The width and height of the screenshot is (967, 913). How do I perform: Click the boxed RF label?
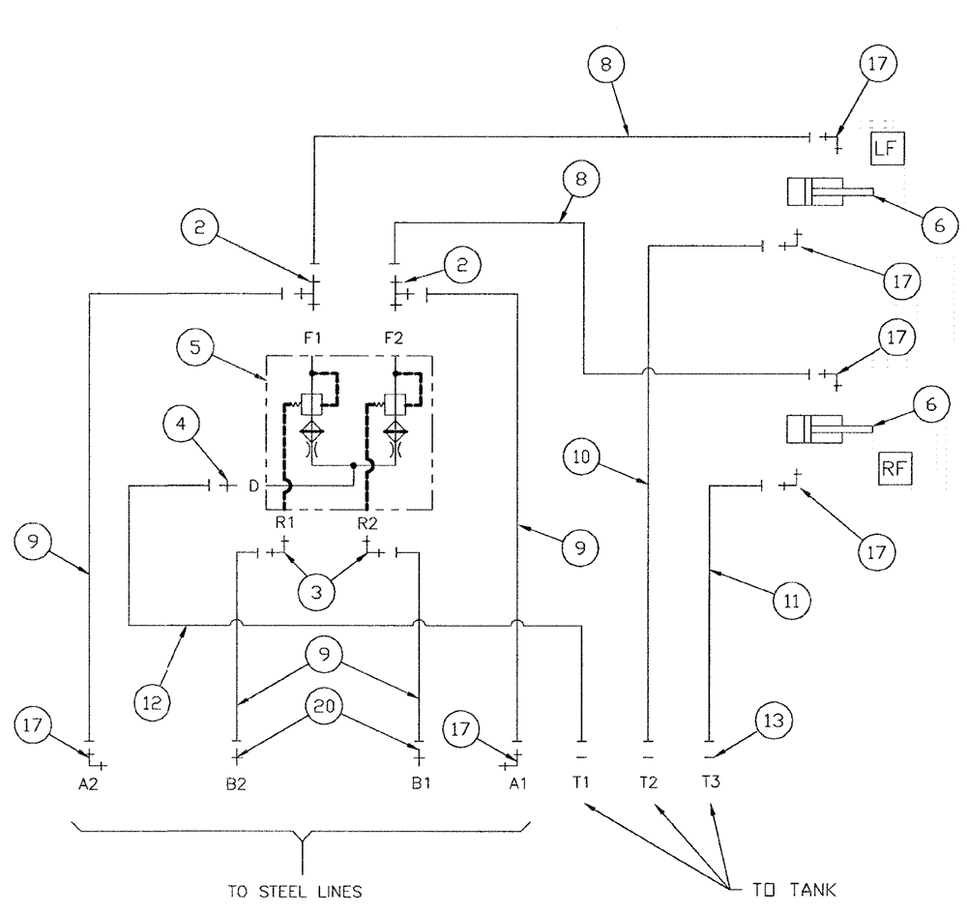[x=895, y=470]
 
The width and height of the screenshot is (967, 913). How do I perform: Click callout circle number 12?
[x=155, y=700]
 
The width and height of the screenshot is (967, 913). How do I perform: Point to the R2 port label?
[x=367, y=523]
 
